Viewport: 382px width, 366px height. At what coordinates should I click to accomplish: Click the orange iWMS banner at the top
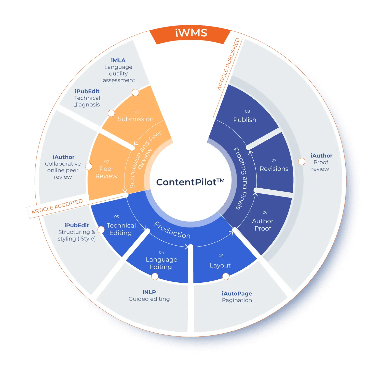point(191,33)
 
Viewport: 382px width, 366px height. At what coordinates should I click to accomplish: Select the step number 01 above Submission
point(137,112)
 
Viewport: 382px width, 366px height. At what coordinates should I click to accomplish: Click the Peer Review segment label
point(106,173)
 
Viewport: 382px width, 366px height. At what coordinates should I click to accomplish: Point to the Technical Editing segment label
point(121,229)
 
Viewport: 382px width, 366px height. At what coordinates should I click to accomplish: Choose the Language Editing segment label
point(161,263)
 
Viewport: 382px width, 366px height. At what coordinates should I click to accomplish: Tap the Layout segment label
point(220,265)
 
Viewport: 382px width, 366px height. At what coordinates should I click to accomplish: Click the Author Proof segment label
point(263,225)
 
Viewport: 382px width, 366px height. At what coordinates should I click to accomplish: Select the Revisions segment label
point(274,169)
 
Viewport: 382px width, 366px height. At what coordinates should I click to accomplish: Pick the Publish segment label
point(245,120)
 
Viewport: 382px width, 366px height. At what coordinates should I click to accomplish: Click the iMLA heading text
point(118,60)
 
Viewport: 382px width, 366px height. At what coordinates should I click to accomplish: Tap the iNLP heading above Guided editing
point(149,292)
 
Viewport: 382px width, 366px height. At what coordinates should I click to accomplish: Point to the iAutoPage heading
point(237,293)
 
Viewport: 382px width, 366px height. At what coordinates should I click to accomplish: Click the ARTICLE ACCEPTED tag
point(57,207)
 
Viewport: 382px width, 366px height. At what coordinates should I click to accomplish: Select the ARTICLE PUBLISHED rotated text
point(228,64)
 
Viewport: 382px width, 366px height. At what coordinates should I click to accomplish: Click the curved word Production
point(172,230)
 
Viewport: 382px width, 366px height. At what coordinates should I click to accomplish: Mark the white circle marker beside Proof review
point(302,162)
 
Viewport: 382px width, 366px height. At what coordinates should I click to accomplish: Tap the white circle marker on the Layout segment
point(226,276)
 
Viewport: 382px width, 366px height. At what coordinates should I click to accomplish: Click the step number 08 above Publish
point(247,111)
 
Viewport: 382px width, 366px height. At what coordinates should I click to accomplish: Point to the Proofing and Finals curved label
point(241,178)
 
